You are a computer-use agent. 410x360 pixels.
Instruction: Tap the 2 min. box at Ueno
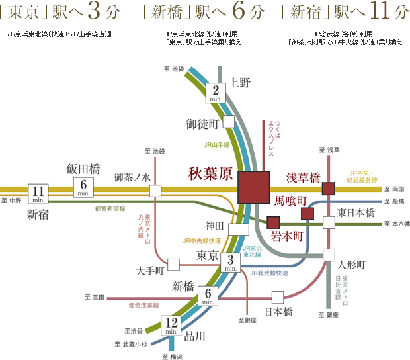click(217, 93)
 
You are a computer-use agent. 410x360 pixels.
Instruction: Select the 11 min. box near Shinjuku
click(37, 193)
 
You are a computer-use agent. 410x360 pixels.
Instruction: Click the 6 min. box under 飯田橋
click(84, 187)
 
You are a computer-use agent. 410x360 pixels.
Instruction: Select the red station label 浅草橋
click(302, 177)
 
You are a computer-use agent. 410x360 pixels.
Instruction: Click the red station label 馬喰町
click(291, 199)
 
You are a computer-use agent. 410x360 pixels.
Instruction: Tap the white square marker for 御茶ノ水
click(155, 191)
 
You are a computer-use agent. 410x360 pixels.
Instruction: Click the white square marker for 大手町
click(174, 265)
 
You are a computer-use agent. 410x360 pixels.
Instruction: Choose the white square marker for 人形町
click(329, 254)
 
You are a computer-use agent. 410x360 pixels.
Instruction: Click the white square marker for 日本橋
click(278, 296)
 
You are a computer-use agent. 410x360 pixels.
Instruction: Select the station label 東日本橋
click(356, 213)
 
